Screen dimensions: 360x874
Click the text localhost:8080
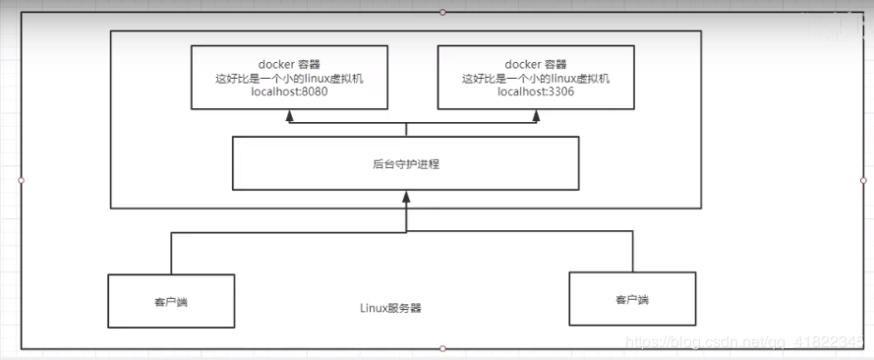(x=288, y=91)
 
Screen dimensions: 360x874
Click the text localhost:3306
(x=536, y=91)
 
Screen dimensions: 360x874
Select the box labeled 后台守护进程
(x=405, y=163)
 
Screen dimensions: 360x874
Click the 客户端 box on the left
(x=171, y=300)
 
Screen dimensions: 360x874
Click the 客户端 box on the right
(x=632, y=299)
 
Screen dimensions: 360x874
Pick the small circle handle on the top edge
(x=442, y=12)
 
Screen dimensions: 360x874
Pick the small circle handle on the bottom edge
(x=442, y=348)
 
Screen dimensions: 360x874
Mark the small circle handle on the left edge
(x=21, y=180)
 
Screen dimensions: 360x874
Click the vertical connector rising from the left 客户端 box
(x=171, y=254)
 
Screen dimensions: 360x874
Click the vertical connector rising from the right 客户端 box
(x=632, y=253)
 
